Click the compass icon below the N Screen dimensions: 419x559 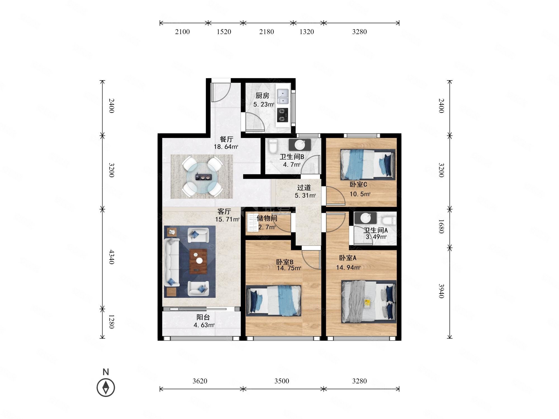click(106, 387)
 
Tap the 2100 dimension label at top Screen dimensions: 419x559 click(183, 32)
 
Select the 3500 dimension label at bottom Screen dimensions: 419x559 click(281, 381)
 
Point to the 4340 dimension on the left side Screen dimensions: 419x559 click(111, 257)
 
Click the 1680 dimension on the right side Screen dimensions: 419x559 click(441, 226)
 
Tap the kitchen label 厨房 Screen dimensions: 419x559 click(262, 96)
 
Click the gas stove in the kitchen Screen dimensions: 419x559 click(282, 115)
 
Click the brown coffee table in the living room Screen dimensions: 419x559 click(198, 261)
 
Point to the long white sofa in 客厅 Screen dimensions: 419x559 click(171, 262)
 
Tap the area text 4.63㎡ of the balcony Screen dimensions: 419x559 click(204, 325)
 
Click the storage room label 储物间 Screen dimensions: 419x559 click(267, 218)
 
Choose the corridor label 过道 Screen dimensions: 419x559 click(304, 188)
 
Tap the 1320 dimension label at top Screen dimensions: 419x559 click(307, 32)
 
